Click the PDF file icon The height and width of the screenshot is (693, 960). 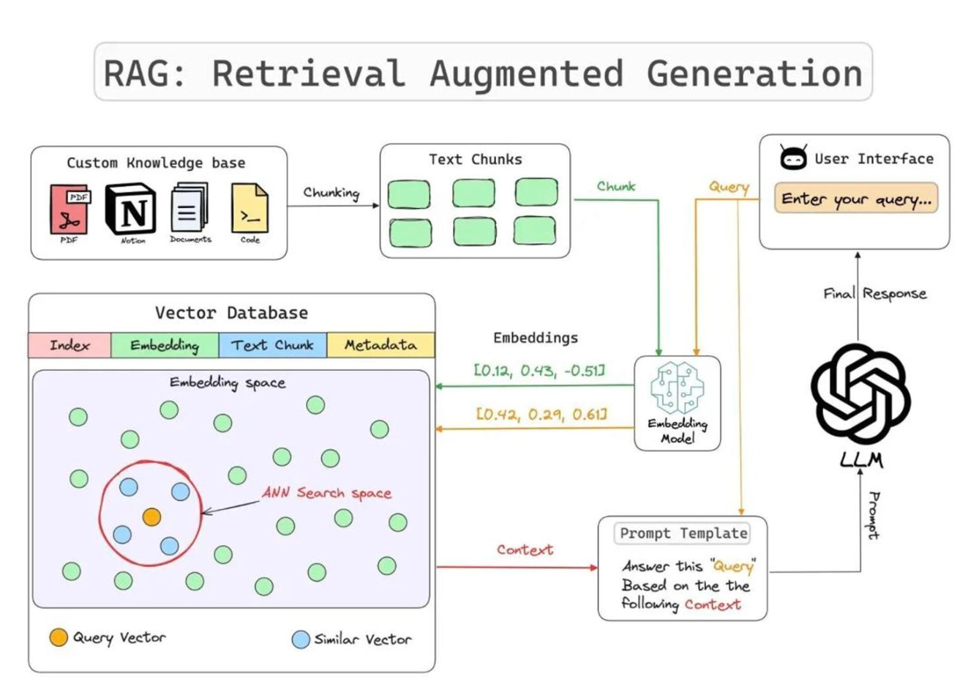pos(70,210)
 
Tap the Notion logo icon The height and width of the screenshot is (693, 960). pos(131,209)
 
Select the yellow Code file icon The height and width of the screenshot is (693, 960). pos(250,208)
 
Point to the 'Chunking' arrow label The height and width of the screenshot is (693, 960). pos(331,193)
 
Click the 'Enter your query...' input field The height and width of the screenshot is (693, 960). pos(856,199)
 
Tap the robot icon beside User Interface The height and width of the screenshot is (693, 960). pos(793,157)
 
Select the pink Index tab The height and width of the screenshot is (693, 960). pos(70,345)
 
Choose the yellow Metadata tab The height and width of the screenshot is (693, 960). pos(380,345)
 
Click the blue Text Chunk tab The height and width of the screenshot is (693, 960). pos(272,345)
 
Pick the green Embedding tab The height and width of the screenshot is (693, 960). pos(165,345)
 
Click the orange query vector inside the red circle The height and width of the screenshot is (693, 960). pos(151,517)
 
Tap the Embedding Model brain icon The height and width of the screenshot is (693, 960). pos(677,388)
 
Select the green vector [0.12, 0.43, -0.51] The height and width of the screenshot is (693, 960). pos(540,371)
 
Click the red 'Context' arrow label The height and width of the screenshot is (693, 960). pos(525,549)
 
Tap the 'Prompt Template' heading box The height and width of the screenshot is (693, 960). pos(683,533)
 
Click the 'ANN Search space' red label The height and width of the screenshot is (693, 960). pos(326,493)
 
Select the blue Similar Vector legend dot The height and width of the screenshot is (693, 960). pos(301,640)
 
